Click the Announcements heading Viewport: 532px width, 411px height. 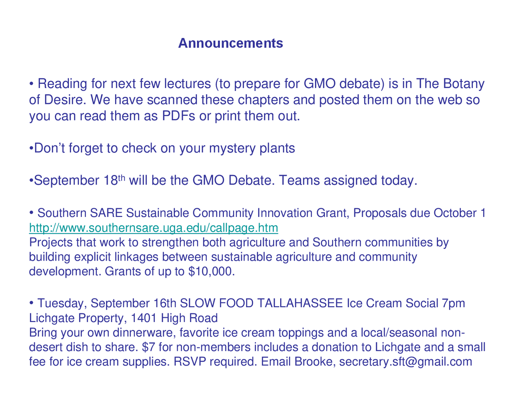pyautogui.click(x=230, y=43)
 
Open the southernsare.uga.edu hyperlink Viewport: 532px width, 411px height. pyautogui.click(x=153, y=228)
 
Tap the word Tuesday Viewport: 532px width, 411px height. pyautogui.click(x=62, y=303)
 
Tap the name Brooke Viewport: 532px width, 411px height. pyautogui.click(x=313, y=362)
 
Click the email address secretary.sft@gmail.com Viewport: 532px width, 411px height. pyautogui.click(x=406, y=362)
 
